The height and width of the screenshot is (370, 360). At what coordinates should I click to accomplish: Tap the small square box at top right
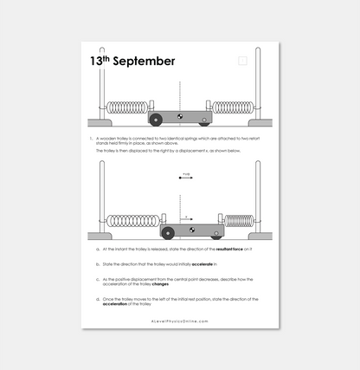pyautogui.click(x=242, y=61)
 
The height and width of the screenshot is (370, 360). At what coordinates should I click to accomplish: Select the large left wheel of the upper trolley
pyautogui.click(x=157, y=119)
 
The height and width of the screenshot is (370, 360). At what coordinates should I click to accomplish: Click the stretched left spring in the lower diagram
pyautogui.click(x=132, y=222)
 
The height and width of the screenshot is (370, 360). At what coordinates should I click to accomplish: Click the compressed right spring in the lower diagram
pyautogui.click(x=239, y=222)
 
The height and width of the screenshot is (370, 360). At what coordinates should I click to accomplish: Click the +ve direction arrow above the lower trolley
pyautogui.click(x=185, y=178)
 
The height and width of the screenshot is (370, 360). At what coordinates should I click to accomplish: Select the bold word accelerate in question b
pyautogui.click(x=201, y=263)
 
